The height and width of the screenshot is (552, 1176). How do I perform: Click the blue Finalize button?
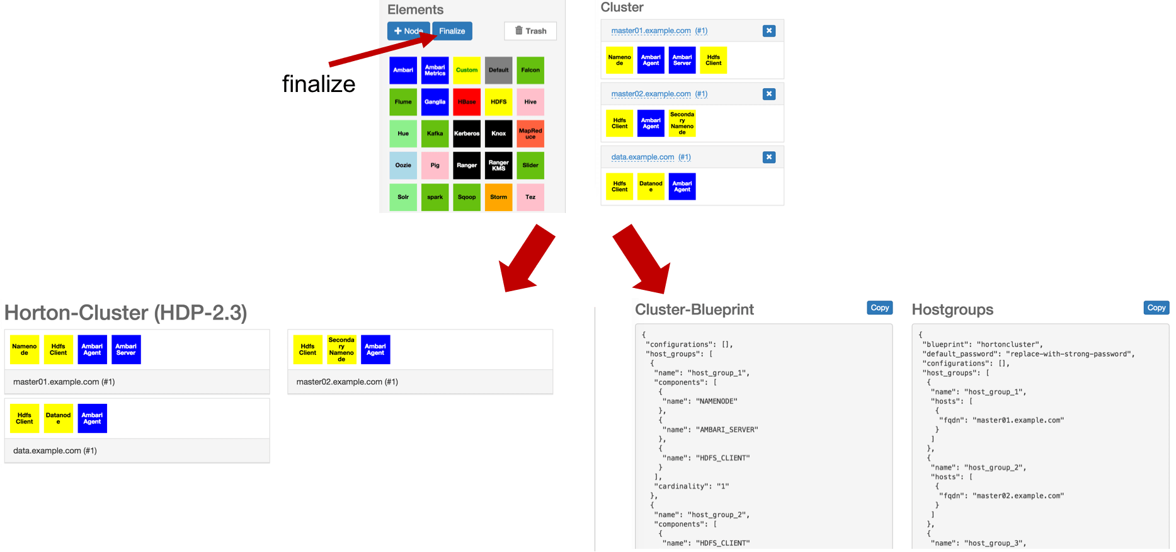pyautogui.click(x=452, y=31)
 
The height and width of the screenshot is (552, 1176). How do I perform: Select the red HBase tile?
pyautogui.click(x=467, y=102)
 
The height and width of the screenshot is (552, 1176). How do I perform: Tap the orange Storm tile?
pyautogui.click(x=498, y=197)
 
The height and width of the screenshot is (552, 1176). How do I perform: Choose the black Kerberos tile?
pyautogui.click(x=467, y=134)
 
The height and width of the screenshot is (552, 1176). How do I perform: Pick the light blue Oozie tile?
pyautogui.click(x=403, y=166)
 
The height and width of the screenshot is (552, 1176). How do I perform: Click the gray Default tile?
pyautogui.click(x=498, y=70)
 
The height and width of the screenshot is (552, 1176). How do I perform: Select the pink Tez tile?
pyautogui.click(x=530, y=197)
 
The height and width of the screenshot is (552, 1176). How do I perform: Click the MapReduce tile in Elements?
pyautogui.click(x=530, y=134)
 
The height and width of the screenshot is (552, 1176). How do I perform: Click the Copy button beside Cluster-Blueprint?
pyautogui.click(x=879, y=308)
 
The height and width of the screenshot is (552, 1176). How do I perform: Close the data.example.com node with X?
pyautogui.click(x=769, y=157)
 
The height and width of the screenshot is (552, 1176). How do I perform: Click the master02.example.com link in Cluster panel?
pyautogui.click(x=651, y=94)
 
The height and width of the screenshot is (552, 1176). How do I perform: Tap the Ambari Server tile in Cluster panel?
pyautogui.click(x=682, y=60)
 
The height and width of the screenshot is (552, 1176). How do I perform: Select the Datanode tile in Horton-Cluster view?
pyautogui.click(x=59, y=418)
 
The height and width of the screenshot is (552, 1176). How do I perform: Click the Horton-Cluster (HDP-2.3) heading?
pyautogui.click(x=125, y=313)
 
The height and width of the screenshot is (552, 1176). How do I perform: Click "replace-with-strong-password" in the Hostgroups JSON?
pyautogui.click(x=1069, y=354)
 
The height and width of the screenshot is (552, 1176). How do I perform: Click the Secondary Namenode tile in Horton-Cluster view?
pyautogui.click(x=341, y=350)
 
